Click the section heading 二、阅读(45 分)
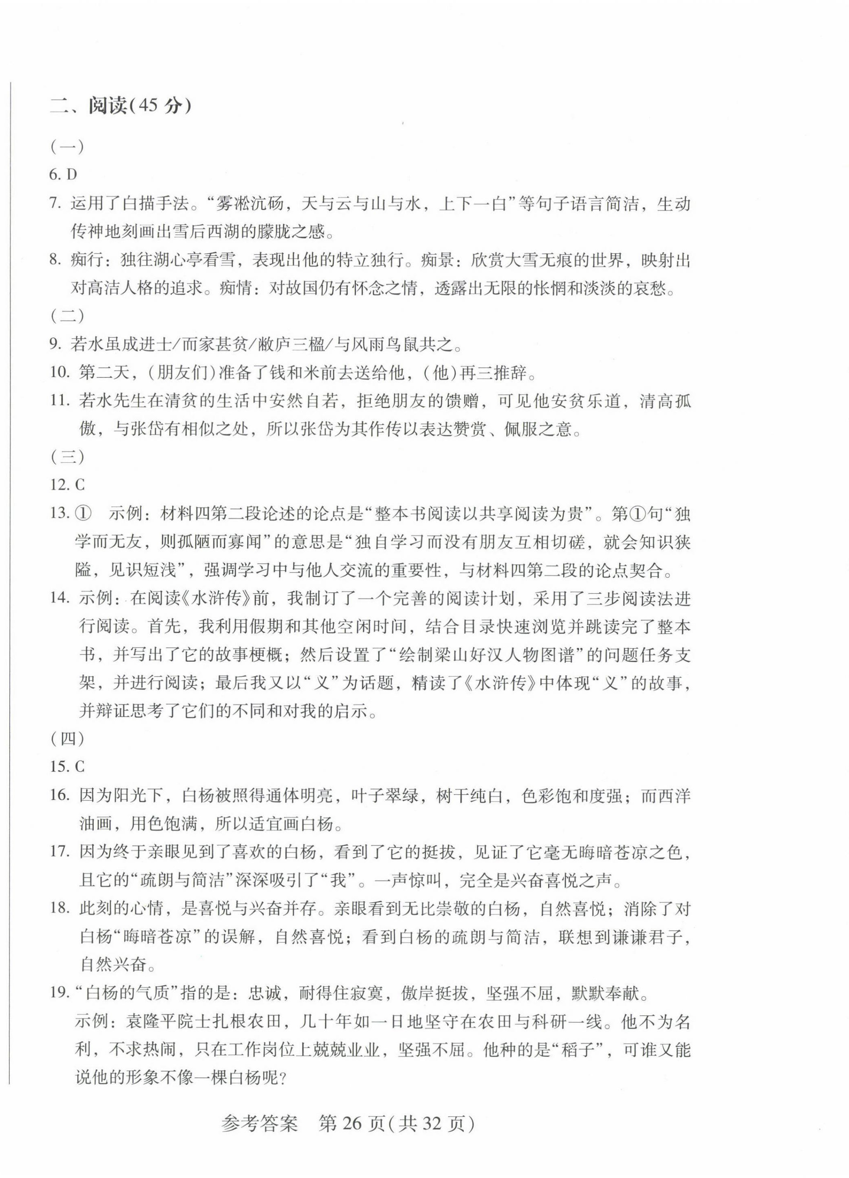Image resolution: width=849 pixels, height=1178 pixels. [121, 106]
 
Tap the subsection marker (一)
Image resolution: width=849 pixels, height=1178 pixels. [67, 147]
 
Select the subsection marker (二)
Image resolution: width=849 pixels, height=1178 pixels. [67, 316]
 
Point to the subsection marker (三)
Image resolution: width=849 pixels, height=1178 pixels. [67, 457]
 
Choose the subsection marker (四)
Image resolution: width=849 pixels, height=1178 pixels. [67, 739]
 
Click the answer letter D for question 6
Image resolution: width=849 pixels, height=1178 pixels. [72, 175]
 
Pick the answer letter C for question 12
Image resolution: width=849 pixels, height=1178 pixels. [80, 485]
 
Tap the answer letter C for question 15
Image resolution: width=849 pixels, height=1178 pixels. [80, 767]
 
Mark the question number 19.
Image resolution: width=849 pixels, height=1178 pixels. [59, 993]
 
